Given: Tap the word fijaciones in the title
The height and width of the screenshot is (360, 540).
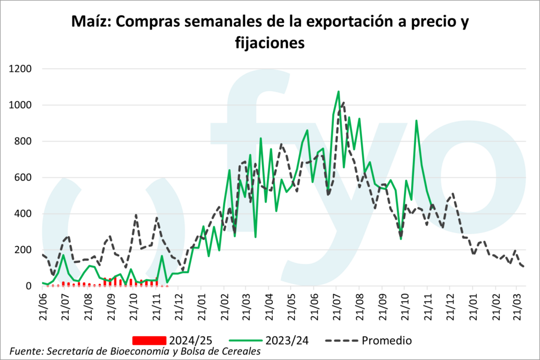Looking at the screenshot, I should coord(269,43).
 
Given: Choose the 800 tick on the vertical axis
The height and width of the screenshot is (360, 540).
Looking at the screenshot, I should coord(24,141).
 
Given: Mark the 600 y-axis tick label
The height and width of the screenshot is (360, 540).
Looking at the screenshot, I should coord(24,178).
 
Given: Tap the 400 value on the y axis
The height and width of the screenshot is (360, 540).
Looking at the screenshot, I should coord(24,213).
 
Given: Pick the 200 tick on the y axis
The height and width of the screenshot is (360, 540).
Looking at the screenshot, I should coord(24,250).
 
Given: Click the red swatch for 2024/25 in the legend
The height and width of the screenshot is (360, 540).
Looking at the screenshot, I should coord(149,340).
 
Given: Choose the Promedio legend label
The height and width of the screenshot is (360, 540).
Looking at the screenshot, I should coord(387,340).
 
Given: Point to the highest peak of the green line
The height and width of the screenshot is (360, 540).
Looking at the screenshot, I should coord(339,92).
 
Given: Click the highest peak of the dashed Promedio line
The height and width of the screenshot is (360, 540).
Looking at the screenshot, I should coord(343,102).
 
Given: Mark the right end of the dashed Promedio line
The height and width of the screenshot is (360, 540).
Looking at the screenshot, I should coord(523,267).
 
